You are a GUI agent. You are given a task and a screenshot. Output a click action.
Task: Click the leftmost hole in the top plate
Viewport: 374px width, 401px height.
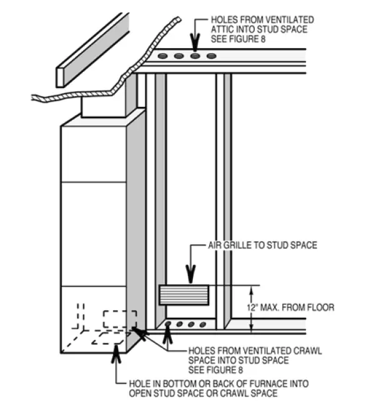pos(163,56)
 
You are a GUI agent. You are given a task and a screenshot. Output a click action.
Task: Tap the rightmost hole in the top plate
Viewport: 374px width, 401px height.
pos(211,56)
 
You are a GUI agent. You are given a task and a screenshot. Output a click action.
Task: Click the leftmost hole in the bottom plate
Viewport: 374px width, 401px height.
pos(169,324)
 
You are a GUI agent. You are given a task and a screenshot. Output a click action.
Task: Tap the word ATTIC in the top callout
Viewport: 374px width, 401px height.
pos(224,29)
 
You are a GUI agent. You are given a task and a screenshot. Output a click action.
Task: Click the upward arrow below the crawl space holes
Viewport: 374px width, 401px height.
pos(167,336)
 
